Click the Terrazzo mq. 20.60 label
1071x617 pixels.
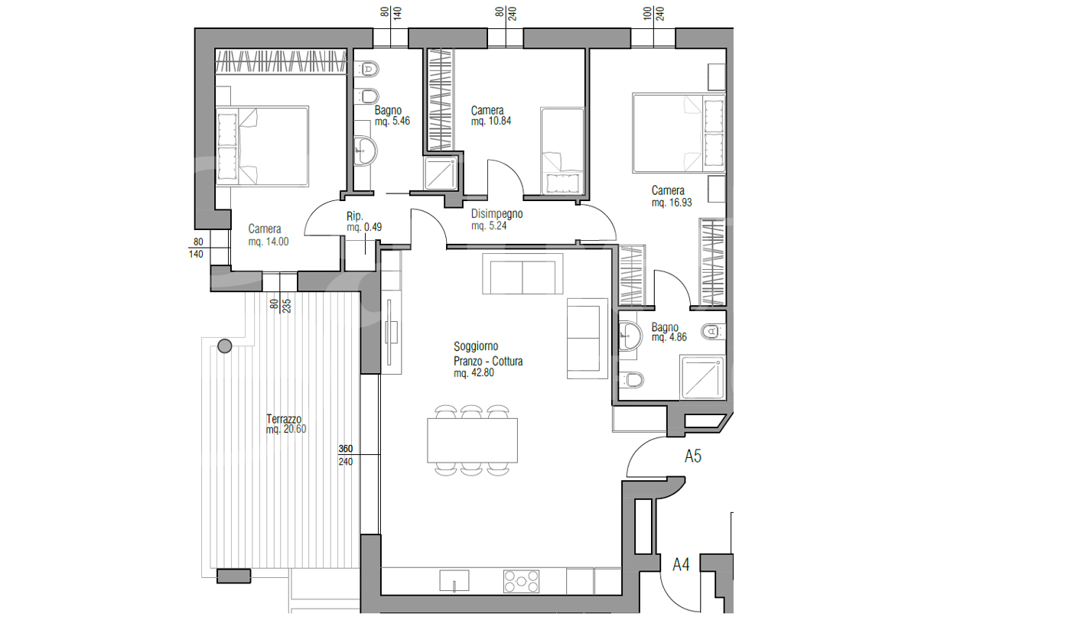(286, 424)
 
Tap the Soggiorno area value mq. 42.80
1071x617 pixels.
(474, 373)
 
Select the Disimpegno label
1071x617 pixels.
(496, 213)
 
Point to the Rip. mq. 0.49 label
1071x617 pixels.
(364, 222)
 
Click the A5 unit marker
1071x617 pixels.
(693, 456)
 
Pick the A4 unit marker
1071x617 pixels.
(681, 564)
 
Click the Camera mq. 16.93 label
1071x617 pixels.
(672, 196)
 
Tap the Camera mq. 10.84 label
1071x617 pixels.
(491, 115)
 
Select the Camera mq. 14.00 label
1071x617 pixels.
(269, 235)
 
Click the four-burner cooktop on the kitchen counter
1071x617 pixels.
(521, 581)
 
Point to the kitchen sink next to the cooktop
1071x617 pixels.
(454, 580)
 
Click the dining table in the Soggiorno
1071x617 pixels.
(473, 440)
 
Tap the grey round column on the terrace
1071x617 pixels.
(225, 346)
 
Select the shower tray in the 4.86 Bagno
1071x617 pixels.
(702, 377)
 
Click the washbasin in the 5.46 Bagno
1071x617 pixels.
(366, 151)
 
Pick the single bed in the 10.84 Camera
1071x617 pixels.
(562, 151)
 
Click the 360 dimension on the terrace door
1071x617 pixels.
(346, 449)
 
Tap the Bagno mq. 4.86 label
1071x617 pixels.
(669, 332)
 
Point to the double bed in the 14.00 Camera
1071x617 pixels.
(262, 146)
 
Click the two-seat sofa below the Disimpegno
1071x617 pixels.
(522, 274)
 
